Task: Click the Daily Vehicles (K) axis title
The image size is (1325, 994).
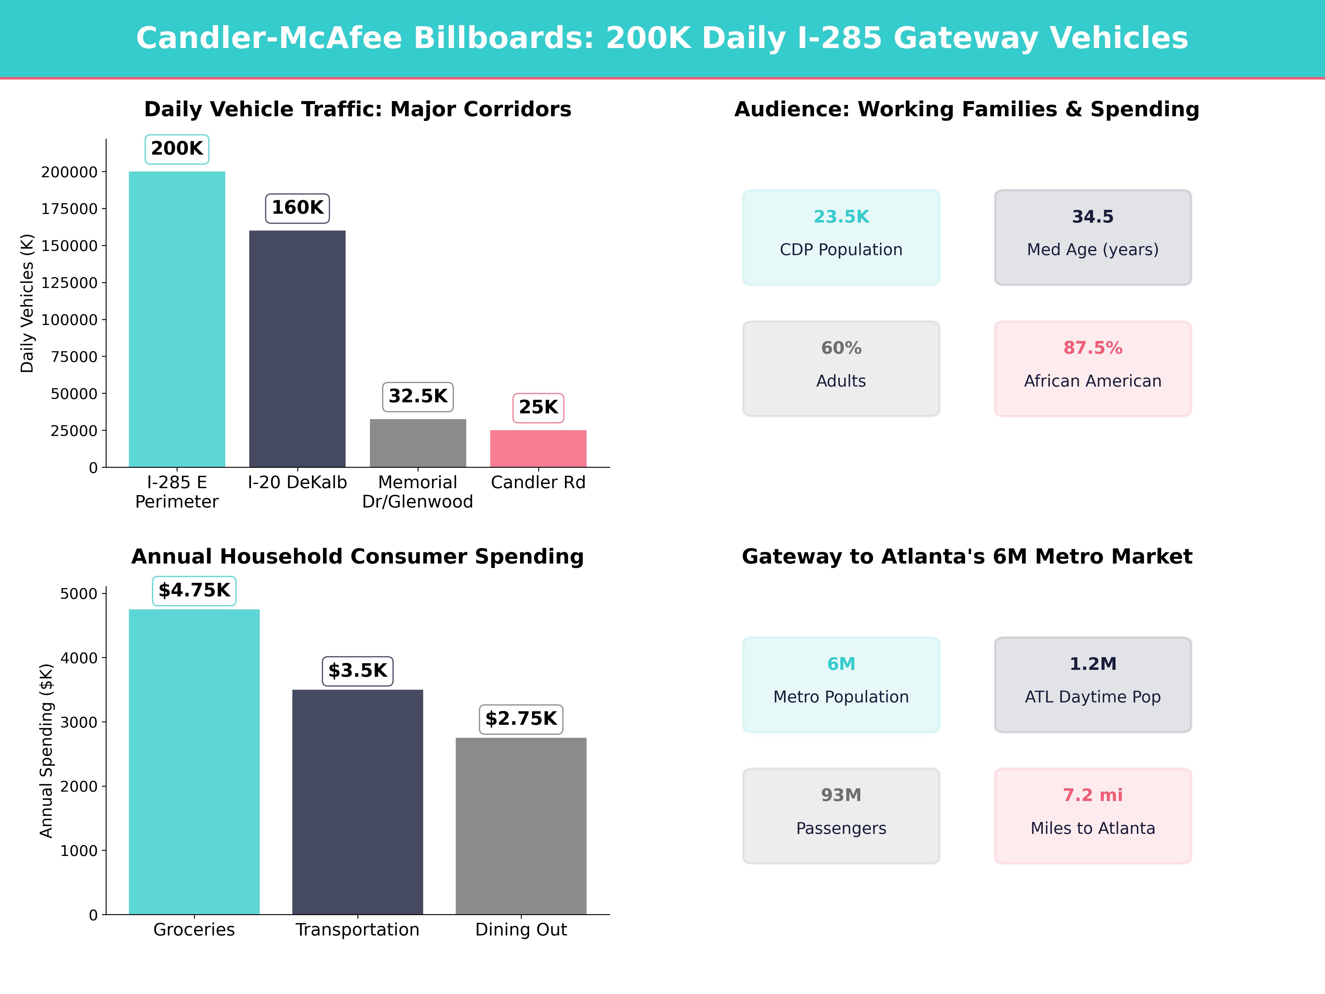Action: tap(27, 303)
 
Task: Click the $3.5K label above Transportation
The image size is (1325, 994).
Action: tap(357, 670)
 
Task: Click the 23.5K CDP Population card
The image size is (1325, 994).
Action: tap(841, 237)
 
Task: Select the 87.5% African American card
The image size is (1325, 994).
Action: tap(1093, 369)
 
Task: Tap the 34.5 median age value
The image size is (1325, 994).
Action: tap(1093, 217)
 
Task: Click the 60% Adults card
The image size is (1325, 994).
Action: tap(841, 369)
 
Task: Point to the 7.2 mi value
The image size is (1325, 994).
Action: tap(1093, 795)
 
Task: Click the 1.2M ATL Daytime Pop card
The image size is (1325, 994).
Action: tap(1093, 684)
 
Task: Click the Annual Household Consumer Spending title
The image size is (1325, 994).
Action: tap(357, 557)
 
